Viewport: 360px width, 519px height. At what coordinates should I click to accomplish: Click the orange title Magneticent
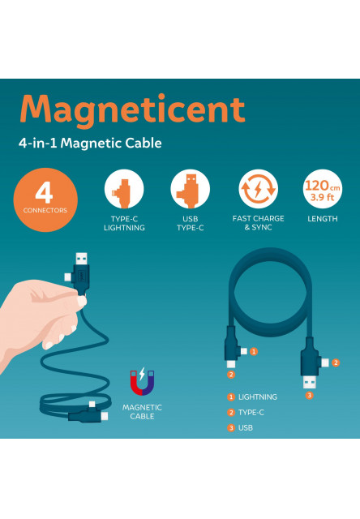(131, 110)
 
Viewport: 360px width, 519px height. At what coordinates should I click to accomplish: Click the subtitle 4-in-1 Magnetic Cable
(90, 144)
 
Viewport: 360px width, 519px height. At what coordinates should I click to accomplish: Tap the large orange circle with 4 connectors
(45, 199)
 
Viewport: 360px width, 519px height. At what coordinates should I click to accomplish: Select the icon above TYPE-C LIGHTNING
(124, 189)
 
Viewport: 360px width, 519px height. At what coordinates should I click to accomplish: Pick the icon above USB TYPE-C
(190, 189)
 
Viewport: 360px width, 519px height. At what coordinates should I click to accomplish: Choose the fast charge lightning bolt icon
(258, 189)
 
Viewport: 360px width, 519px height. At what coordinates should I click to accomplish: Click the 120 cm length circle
(323, 189)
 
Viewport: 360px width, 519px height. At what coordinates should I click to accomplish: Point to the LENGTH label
(323, 219)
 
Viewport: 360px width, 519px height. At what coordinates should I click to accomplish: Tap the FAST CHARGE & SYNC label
(258, 223)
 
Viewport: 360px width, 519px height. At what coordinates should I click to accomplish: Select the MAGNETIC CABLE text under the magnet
(142, 411)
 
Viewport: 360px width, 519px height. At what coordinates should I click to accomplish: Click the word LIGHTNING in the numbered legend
(257, 397)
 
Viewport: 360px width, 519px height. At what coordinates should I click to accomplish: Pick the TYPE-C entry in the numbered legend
(251, 413)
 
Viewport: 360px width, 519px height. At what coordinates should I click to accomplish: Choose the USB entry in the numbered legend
(246, 427)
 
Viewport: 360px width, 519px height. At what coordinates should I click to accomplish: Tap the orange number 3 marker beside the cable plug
(309, 395)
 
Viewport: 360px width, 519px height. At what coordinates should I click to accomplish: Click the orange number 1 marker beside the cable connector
(253, 351)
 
